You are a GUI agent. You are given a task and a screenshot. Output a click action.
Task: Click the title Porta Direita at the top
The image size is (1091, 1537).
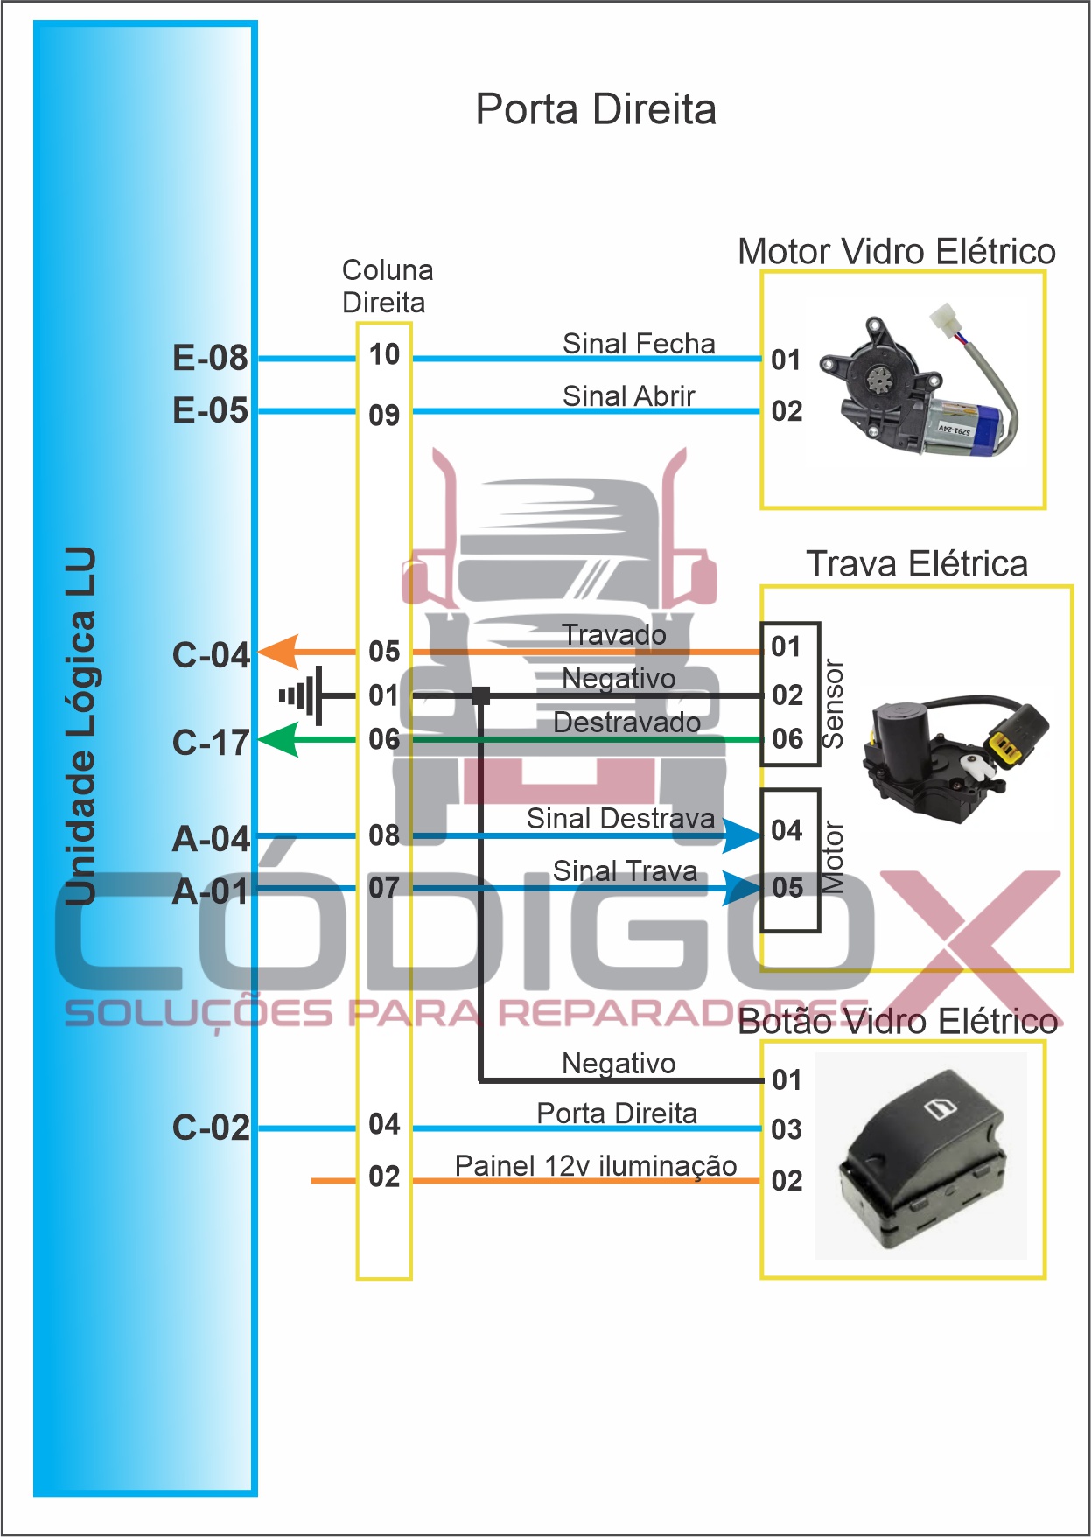click(x=595, y=110)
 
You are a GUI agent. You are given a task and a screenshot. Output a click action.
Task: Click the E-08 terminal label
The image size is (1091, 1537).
click(x=210, y=358)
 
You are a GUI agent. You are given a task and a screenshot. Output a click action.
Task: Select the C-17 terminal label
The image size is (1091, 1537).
click(x=211, y=743)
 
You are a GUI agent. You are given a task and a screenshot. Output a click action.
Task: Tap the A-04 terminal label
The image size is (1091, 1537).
click(x=211, y=839)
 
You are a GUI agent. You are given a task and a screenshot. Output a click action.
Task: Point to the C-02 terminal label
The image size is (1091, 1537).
click(x=211, y=1128)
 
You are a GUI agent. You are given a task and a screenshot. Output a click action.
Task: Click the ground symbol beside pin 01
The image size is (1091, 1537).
click(x=302, y=696)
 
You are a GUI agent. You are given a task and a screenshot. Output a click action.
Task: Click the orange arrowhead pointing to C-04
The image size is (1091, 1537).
click(x=279, y=653)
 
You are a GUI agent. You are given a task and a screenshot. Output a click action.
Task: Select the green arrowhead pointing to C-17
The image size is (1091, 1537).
click(x=279, y=740)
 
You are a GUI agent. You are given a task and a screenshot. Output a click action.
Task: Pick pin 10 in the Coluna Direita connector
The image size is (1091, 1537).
click(x=384, y=354)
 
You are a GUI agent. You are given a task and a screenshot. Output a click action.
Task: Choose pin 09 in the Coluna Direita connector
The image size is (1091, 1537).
click(x=384, y=415)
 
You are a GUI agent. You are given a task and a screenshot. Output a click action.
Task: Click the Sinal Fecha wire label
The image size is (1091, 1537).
click(x=639, y=344)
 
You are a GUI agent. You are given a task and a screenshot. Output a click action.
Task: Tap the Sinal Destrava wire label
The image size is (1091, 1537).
click(x=620, y=819)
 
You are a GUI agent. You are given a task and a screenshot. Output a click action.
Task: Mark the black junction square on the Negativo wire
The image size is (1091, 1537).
click(x=480, y=695)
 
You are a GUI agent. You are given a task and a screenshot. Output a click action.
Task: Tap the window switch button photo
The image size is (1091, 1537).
click(x=920, y=1155)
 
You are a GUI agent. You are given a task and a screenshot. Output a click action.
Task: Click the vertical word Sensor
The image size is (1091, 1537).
click(x=834, y=704)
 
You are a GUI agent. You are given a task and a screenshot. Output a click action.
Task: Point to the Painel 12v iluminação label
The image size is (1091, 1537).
click(x=596, y=1166)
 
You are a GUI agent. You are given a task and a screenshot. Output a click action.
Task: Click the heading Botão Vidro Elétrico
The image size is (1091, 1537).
click(x=898, y=1022)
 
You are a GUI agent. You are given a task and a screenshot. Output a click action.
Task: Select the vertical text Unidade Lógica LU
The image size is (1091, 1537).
click(x=80, y=726)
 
